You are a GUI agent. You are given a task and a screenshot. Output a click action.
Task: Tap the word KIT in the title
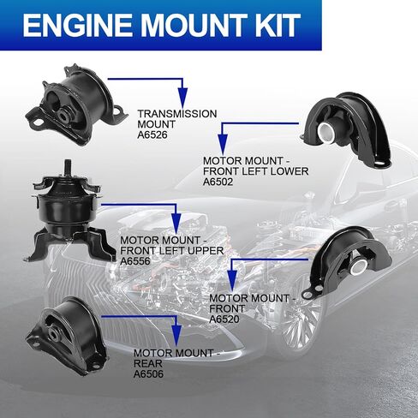(x=273, y=26)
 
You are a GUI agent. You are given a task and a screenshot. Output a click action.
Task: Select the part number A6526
(x=154, y=134)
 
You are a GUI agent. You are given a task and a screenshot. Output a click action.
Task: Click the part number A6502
(x=220, y=182)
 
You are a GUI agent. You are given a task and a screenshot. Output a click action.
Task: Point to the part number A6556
(x=137, y=260)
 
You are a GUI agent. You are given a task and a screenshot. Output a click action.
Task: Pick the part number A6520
(x=226, y=318)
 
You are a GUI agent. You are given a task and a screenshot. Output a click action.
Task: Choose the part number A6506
(x=150, y=373)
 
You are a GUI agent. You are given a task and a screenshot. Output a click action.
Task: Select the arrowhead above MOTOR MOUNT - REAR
(x=177, y=338)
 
